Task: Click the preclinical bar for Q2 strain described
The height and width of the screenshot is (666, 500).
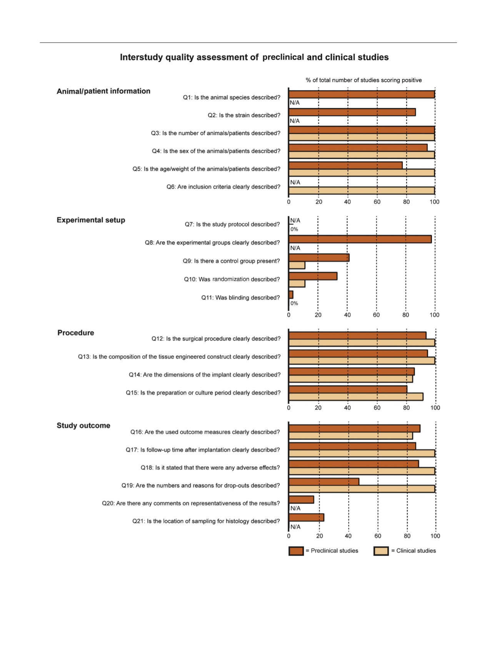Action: tap(352, 112)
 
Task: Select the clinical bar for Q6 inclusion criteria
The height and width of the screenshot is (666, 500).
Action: tap(362, 191)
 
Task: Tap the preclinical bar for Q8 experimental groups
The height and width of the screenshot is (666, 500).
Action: tap(360, 239)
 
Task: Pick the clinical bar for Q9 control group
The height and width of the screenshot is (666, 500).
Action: tap(297, 265)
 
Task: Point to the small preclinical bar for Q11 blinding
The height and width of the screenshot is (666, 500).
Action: tap(291, 295)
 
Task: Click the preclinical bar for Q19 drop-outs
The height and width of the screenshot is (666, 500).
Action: tap(324, 482)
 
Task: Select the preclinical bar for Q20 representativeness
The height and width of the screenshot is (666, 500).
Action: tap(302, 500)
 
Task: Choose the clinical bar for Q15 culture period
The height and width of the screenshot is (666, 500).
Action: tap(356, 397)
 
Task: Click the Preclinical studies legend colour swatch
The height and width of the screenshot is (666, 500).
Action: tap(296, 551)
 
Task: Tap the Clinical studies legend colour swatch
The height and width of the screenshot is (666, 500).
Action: tap(381, 551)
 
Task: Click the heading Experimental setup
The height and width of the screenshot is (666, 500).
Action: tap(91, 220)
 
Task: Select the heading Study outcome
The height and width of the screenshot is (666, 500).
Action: tap(83, 426)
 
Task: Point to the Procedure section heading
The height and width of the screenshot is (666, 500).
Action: tap(76, 333)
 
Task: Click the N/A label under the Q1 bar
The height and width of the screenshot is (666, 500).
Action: tap(295, 103)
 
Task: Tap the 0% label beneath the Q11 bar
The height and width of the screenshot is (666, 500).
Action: tap(294, 303)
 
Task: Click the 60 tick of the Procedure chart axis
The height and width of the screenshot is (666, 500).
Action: tap(377, 408)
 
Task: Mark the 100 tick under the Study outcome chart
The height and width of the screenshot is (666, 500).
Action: tap(435, 536)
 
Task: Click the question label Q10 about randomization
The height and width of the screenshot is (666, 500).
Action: tap(232, 279)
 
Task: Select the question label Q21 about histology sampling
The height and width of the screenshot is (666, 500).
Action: tap(206, 521)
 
